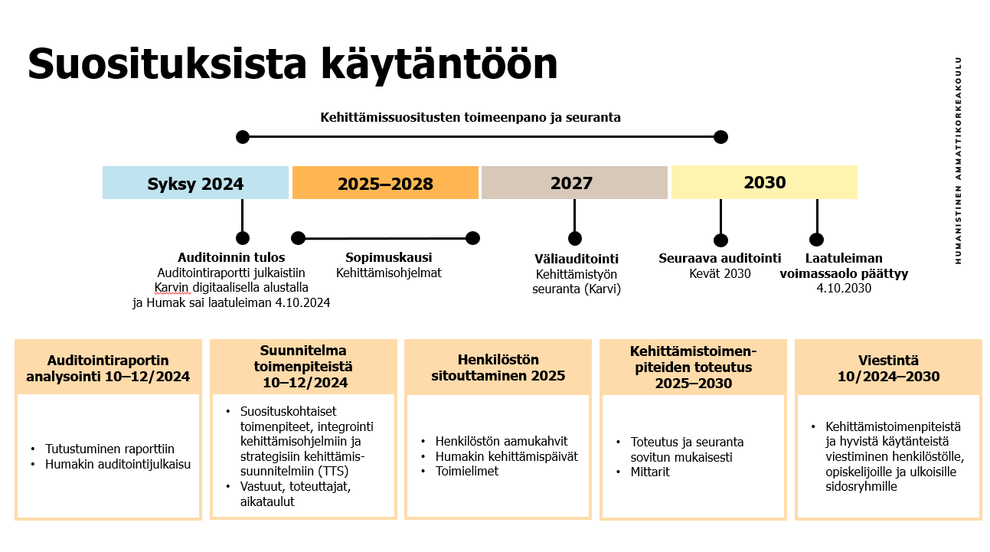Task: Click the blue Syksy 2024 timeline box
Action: click(x=195, y=182)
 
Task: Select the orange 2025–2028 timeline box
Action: click(x=385, y=182)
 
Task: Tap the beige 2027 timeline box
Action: click(x=574, y=182)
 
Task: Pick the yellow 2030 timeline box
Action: click(x=765, y=182)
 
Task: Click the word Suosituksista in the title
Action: click(x=167, y=64)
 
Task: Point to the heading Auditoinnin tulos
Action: click(x=231, y=257)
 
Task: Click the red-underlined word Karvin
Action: click(x=172, y=288)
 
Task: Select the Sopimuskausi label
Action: click(x=388, y=257)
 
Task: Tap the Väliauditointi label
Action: click(x=577, y=259)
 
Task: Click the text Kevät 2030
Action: click(x=720, y=273)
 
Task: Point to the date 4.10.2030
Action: click(x=844, y=288)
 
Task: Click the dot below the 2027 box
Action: click(x=574, y=239)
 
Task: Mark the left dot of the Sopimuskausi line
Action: click(x=299, y=238)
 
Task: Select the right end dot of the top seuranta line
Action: click(x=720, y=137)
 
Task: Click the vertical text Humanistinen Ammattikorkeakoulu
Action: click(x=958, y=161)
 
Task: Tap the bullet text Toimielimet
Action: click(x=467, y=471)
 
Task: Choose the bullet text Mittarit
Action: click(x=650, y=472)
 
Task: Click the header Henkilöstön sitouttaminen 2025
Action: click(x=498, y=367)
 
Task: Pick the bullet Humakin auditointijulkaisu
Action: click(x=118, y=464)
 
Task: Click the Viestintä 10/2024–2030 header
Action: click(x=888, y=368)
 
